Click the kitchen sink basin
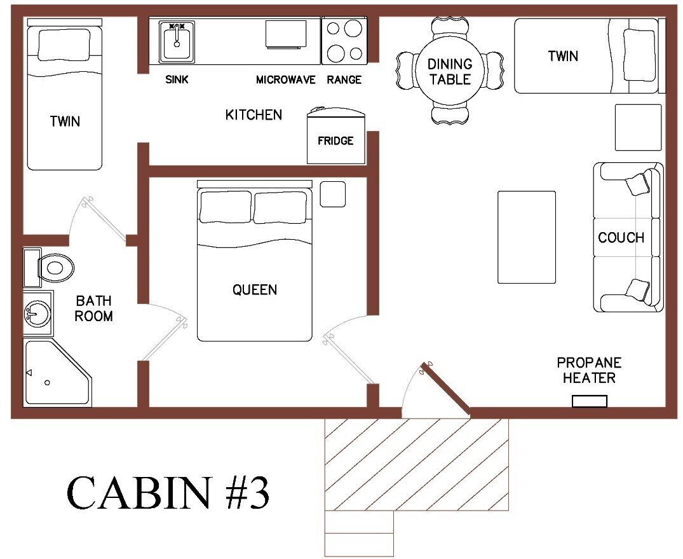pyautogui.click(x=176, y=43)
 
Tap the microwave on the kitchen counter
pyautogui.click(x=285, y=34)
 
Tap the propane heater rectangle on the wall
pyautogui.click(x=589, y=401)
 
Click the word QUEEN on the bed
pyautogui.click(x=254, y=290)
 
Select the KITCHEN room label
pyautogui.click(x=254, y=115)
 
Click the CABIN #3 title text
pyautogui.click(x=168, y=493)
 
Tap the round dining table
pyautogui.click(x=449, y=71)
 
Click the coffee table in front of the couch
pyautogui.click(x=526, y=237)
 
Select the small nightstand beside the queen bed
pyautogui.click(x=332, y=194)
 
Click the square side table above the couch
pyautogui.click(x=638, y=127)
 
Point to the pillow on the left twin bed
pyautogui.click(x=64, y=45)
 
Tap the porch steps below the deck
pyautogui.click(x=359, y=534)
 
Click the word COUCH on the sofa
pyautogui.click(x=621, y=238)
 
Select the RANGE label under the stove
pyautogui.click(x=344, y=80)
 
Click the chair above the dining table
pyautogui.click(x=449, y=29)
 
